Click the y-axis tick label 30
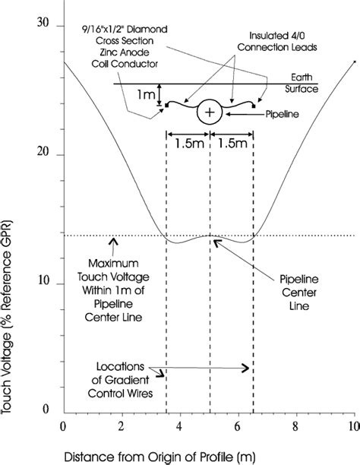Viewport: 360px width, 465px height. [x=43, y=23]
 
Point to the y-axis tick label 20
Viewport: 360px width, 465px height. [x=43, y=151]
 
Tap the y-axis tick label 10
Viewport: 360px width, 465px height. [x=43, y=280]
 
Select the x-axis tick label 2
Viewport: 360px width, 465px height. [x=121, y=427]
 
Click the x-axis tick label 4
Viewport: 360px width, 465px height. [x=178, y=427]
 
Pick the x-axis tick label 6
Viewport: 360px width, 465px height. [x=237, y=427]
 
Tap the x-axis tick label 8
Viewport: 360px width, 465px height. [x=295, y=427]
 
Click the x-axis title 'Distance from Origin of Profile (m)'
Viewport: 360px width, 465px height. [x=159, y=457]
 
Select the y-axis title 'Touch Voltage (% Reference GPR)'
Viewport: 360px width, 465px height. [x=7, y=317]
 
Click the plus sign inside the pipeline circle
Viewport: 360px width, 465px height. [x=210, y=112]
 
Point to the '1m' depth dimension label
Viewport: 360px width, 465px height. [x=146, y=95]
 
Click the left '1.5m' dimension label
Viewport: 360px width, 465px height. [x=189, y=144]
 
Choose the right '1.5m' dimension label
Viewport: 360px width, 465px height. [x=232, y=144]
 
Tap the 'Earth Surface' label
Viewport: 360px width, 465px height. [x=302, y=83]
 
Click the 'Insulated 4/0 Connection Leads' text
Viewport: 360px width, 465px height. [x=277, y=42]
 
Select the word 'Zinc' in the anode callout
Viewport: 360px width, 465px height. [x=108, y=52]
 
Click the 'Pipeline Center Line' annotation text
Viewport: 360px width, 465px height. [x=299, y=293]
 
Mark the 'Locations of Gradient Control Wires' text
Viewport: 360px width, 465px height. [x=121, y=380]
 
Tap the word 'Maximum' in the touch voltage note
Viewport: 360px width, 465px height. [x=113, y=264]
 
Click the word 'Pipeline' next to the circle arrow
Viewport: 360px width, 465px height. [x=282, y=114]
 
